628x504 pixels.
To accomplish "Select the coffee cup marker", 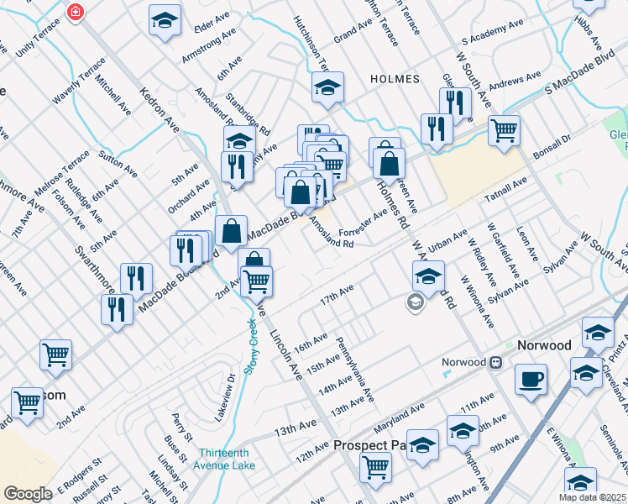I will tap(531, 379).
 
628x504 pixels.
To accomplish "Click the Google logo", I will tap(28, 494).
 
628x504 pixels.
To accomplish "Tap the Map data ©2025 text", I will tap(591, 497).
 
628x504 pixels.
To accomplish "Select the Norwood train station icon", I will tap(496, 362).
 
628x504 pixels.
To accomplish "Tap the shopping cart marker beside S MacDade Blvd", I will tap(504, 129).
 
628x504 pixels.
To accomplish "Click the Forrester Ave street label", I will tap(362, 223).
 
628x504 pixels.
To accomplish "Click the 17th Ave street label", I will tap(337, 296).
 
